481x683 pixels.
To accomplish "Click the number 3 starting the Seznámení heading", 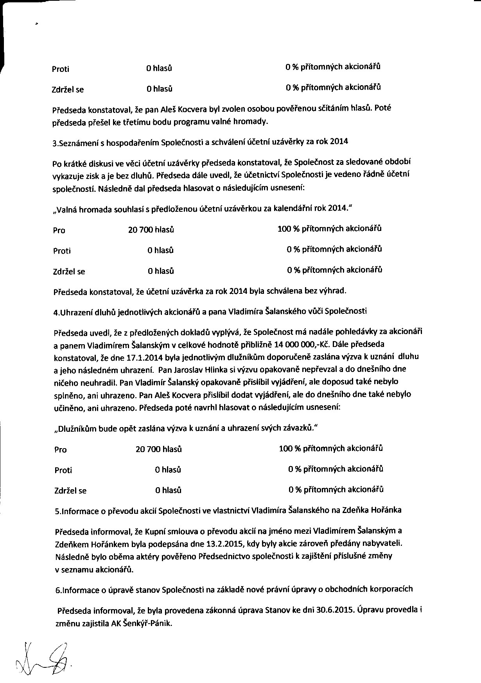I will [54, 144].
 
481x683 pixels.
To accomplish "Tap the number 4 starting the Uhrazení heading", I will [55, 312].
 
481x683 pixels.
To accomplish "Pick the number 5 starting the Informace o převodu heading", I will [57, 511].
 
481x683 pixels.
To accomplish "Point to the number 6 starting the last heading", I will [57, 591].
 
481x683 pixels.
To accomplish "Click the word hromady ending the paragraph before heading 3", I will [255, 122].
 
